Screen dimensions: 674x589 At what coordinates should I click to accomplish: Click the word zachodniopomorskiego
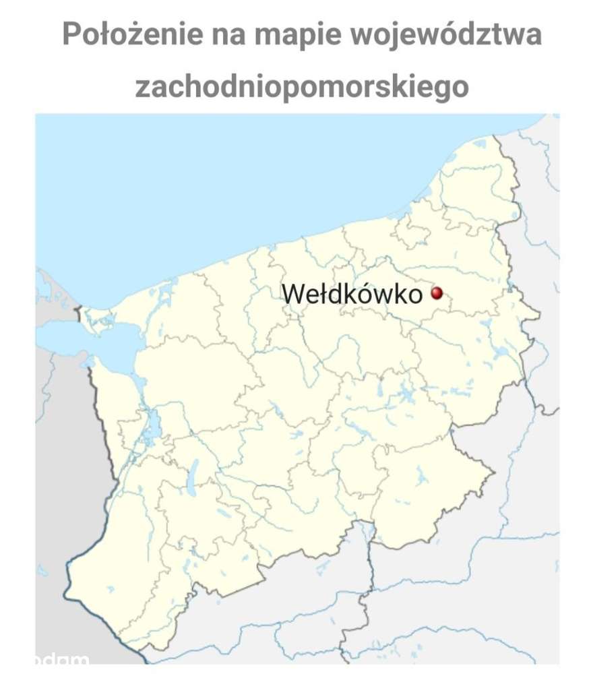301,86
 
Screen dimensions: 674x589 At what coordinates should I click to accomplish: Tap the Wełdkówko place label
352,294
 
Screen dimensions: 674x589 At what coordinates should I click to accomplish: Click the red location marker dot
436,293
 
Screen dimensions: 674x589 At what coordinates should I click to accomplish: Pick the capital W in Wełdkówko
291,294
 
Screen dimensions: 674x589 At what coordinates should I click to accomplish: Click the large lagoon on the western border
81,337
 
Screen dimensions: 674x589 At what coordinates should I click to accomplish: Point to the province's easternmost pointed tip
539,314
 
